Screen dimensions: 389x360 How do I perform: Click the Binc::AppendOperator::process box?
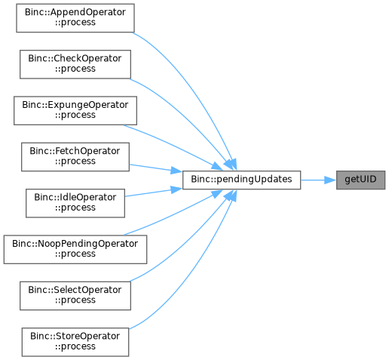pyautogui.click(x=75, y=18)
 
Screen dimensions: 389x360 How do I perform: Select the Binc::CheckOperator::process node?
pyautogui.click(x=75, y=64)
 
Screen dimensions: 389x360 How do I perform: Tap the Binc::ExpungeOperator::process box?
pyautogui.click(x=75, y=110)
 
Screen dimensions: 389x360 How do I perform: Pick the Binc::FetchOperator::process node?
pyautogui.click(x=75, y=157)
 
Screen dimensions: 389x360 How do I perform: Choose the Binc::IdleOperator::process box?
pyautogui.click(x=75, y=203)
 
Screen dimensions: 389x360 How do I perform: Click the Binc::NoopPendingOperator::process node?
pyautogui.click(x=75, y=250)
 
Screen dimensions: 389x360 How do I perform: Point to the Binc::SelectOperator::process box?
pyautogui.click(x=75, y=296)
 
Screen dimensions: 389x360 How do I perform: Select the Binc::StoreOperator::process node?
pyautogui.click(x=75, y=342)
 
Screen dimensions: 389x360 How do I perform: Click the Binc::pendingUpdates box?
pyautogui.click(x=241, y=180)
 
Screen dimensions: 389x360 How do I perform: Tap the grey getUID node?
pyautogui.click(x=361, y=180)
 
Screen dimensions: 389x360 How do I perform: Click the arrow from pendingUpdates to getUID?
pyautogui.click(x=319, y=180)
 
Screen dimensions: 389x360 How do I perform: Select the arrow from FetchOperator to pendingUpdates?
pyautogui.click(x=156, y=168)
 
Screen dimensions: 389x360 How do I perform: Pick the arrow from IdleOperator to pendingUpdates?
pyautogui.click(x=154, y=192)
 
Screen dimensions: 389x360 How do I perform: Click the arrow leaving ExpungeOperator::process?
pyautogui.click(x=173, y=146)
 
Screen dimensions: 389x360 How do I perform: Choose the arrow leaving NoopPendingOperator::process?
pyautogui.click(x=173, y=214)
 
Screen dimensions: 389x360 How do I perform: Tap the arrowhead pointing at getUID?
pyautogui.click(x=330, y=180)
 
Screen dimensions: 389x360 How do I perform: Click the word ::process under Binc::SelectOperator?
pyautogui.click(x=75, y=300)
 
